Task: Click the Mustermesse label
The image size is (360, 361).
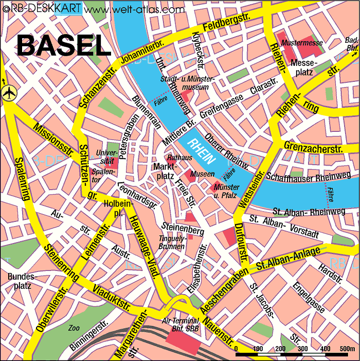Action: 300,43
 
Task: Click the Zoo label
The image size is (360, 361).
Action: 75,328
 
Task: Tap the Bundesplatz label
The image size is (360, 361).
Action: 20,281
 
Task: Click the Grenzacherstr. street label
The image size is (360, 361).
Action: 313,148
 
